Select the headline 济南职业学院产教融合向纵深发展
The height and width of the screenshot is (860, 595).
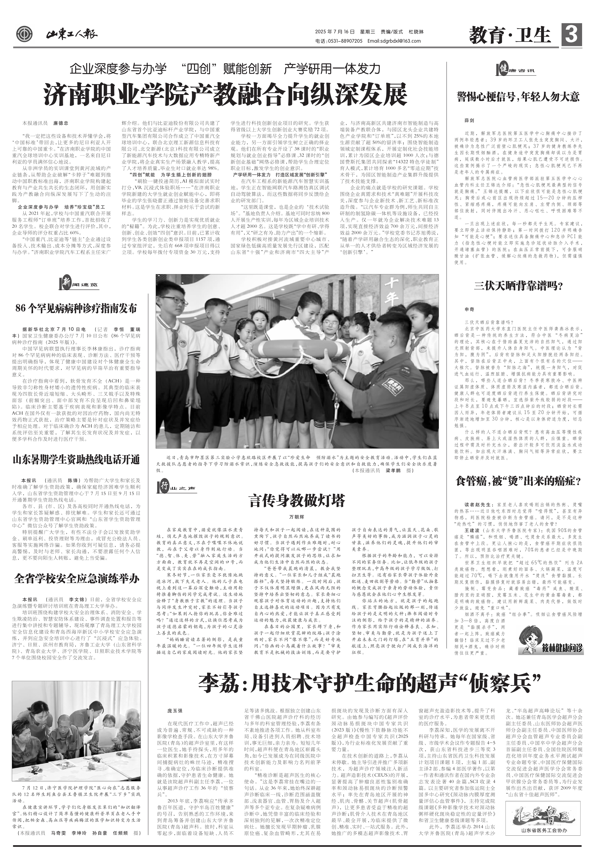[x=225, y=95]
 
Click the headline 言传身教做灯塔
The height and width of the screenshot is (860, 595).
[x=297, y=500]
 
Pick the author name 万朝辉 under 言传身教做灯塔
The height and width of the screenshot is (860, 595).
[x=297, y=517]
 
